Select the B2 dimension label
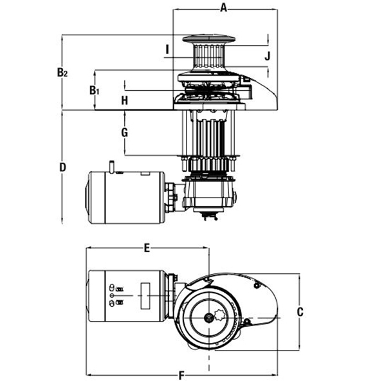coord(62,72)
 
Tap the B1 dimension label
coord(94,90)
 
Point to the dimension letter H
coord(125,100)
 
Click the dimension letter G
coord(125,133)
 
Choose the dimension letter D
coord(63,167)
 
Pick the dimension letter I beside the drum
coord(167,50)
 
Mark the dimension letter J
coord(268,56)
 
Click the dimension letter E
coord(147,248)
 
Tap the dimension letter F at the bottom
coord(181,376)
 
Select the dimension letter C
coord(300,312)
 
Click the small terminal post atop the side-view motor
coord(111,167)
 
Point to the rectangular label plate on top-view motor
coord(145,296)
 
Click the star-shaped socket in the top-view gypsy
coord(220,315)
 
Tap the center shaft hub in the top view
coord(208,317)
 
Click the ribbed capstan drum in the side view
coord(209,56)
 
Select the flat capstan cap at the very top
coord(208,39)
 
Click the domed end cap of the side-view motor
coord(87,198)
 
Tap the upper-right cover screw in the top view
coord(257,286)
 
